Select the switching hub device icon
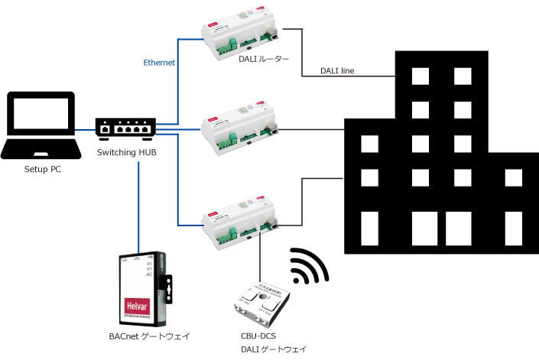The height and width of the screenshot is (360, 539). click(126, 128)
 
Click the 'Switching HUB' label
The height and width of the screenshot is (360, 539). click(128, 153)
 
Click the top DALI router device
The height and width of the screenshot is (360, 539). click(237, 36)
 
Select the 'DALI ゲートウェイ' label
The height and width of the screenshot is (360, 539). click(271, 349)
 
